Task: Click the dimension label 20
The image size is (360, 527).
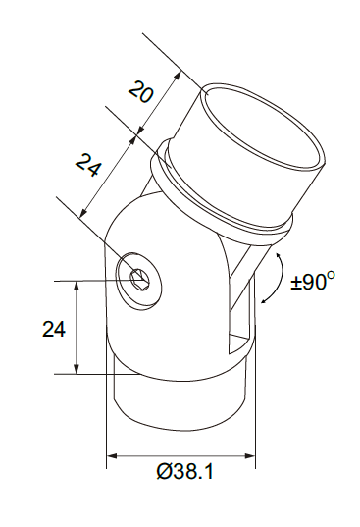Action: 141,91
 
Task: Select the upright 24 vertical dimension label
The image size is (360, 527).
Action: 53,329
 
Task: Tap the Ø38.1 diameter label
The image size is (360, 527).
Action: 184,471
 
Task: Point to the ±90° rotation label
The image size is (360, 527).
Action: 313,281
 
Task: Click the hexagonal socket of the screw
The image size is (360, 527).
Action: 138,279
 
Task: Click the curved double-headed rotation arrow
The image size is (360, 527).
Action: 276,278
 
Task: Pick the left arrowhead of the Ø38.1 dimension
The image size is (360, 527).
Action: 112,456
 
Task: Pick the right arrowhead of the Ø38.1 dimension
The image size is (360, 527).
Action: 250,456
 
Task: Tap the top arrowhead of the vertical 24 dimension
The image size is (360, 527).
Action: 77,287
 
